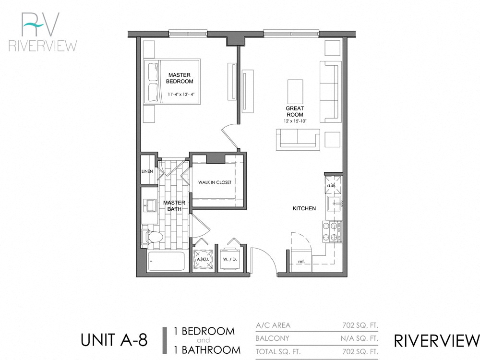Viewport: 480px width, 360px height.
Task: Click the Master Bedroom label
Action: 180,78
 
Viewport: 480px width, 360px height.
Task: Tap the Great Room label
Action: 295,111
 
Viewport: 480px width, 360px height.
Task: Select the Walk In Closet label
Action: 215,182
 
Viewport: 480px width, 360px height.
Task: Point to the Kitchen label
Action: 304,208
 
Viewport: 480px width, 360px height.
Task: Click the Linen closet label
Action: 147,171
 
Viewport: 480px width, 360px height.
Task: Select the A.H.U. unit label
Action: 203,259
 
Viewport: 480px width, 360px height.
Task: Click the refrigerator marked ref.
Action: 301,261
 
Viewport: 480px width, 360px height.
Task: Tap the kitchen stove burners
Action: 332,231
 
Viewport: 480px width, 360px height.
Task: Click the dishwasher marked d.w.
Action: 331,184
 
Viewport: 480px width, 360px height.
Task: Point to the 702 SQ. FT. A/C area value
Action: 358,325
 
